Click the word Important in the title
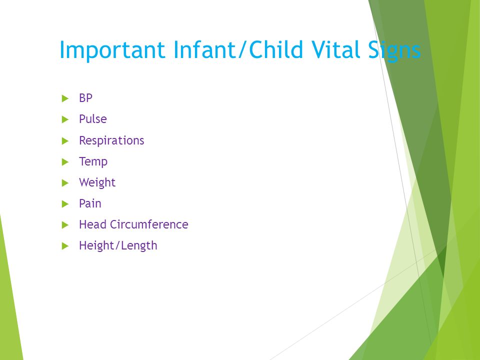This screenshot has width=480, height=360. pyautogui.click(x=112, y=50)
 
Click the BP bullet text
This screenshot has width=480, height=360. pyautogui.click(x=85, y=98)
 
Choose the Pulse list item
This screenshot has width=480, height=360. pyautogui.click(x=93, y=119)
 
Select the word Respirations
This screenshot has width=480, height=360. pyautogui.click(x=111, y=141)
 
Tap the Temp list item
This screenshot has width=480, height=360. pyautogui.click(x=93, y=161)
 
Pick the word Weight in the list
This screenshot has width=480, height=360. pyautogui.click(x=97, y=183)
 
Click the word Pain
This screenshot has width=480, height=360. pyautogui.click(x=90, y=203)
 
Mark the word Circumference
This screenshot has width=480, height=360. pyautogui.click(x=149, y=224)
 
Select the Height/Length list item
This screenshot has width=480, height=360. pyautogui.click(x=118, y=246)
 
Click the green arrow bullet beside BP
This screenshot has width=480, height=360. pyautogui.click(x=65, y=98)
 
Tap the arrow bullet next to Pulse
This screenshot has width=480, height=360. pyautogui.click(x=65, y=119)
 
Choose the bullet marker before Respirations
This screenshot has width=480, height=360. pyautogui.click(x=65, y=141)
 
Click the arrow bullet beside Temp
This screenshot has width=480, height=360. pyautogui.click(x=65, y=162)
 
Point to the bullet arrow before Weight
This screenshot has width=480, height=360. pyautogui.click(x=65, y=183)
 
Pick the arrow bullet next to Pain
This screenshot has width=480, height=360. pyautogui.click(x=65, y=204)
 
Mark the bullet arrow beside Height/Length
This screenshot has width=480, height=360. pyautogui.click(x=65, y=246)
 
